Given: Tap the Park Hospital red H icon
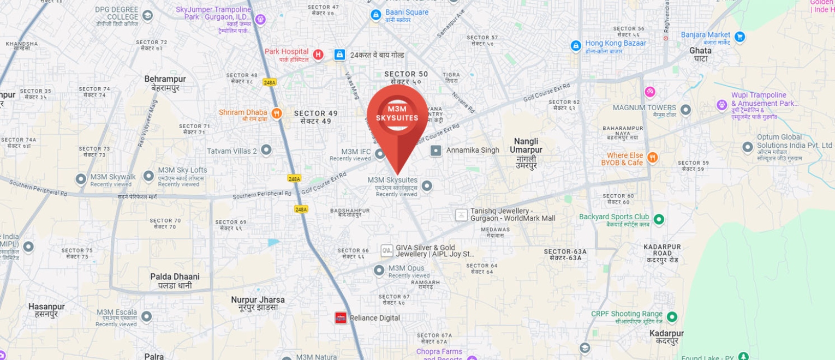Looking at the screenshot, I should point(318,55).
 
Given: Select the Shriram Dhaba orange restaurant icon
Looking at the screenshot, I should point(277,113).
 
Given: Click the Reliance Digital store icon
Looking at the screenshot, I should point(341,318).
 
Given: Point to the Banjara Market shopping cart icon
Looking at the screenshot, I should point(739,37).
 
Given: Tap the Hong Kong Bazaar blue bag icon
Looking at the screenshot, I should point(576,46).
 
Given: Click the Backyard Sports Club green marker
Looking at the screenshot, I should point(659,219).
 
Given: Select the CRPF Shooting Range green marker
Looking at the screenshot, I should point(672,316).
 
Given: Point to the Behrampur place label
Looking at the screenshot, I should point(165,83).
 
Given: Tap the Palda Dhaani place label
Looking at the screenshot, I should point(175,281).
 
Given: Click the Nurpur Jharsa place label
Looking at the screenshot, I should point(258,303).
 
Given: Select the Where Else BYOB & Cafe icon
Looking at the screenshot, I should point(652,158).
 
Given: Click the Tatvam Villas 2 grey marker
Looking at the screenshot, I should point(266,149).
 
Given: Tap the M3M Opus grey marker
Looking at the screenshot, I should point(379,270).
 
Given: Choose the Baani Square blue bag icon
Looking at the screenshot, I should point(375,15).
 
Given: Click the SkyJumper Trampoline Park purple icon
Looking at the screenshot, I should point(260,20).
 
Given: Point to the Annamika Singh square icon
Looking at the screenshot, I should point(436,151).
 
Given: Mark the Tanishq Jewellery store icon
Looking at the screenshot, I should point(461,215).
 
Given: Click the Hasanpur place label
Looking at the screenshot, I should point(46,310).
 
